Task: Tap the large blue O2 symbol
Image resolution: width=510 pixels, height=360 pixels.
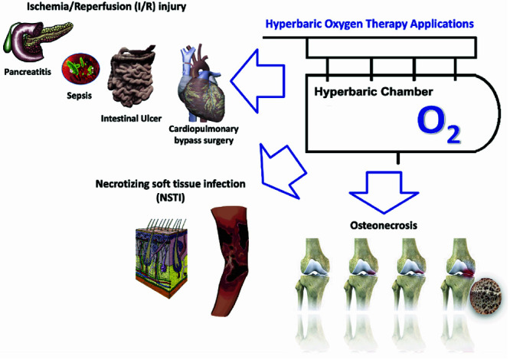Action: point(439,126)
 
